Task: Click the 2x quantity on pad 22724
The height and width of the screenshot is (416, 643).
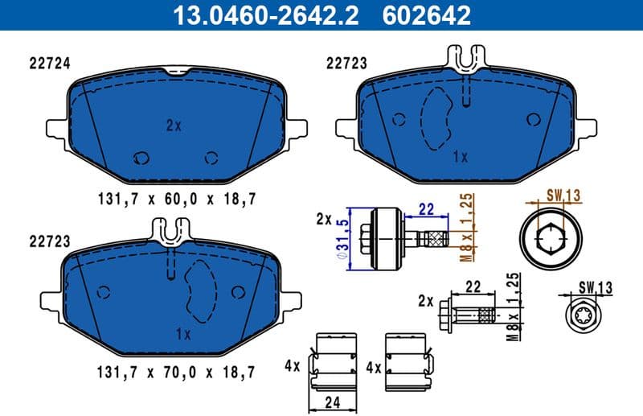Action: tap(174, 126)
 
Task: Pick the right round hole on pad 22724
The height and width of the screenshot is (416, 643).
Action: tap(211, 157)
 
